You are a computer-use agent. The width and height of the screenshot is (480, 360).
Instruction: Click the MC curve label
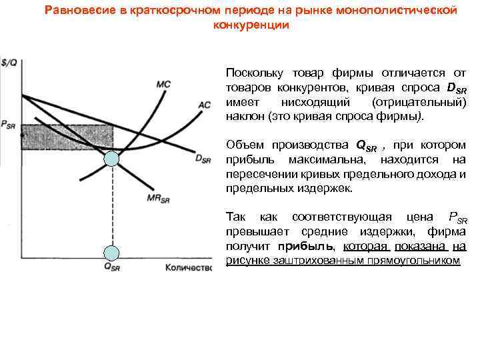pos(163,85)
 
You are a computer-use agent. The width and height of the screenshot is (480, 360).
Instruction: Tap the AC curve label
pos(205,105)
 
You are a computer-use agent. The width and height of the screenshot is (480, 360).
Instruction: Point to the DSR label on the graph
pos(202,159)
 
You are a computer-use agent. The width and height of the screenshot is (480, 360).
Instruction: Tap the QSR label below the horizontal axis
pos(113,268)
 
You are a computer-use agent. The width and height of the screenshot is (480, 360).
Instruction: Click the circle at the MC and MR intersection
pos(112,159)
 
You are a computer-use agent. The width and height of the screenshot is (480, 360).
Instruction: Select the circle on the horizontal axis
pos(112,253)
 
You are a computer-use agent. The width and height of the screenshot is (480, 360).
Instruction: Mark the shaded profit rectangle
pos(67,137)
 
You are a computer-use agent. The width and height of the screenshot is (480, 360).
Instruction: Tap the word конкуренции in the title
pos(251,25)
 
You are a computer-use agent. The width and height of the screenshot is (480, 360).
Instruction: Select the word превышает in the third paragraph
pos(254,232)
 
